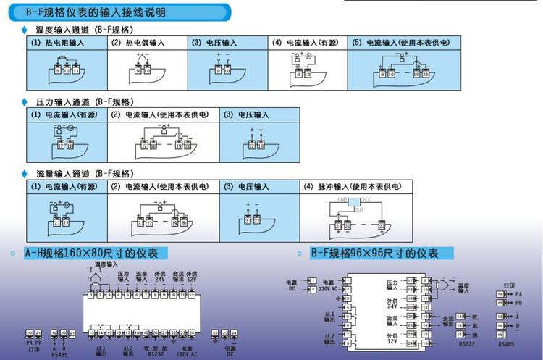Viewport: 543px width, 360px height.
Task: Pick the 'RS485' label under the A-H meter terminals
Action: pos(60,355)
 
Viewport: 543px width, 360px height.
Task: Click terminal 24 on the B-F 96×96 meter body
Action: pos(411,342)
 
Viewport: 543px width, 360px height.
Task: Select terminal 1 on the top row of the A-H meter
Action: pos(91,294)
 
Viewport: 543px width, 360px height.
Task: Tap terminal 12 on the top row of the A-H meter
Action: pos(191,294)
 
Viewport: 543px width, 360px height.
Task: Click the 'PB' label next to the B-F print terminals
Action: pos(518,302)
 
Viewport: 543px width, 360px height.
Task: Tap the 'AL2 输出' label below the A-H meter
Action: pos(128,351)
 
